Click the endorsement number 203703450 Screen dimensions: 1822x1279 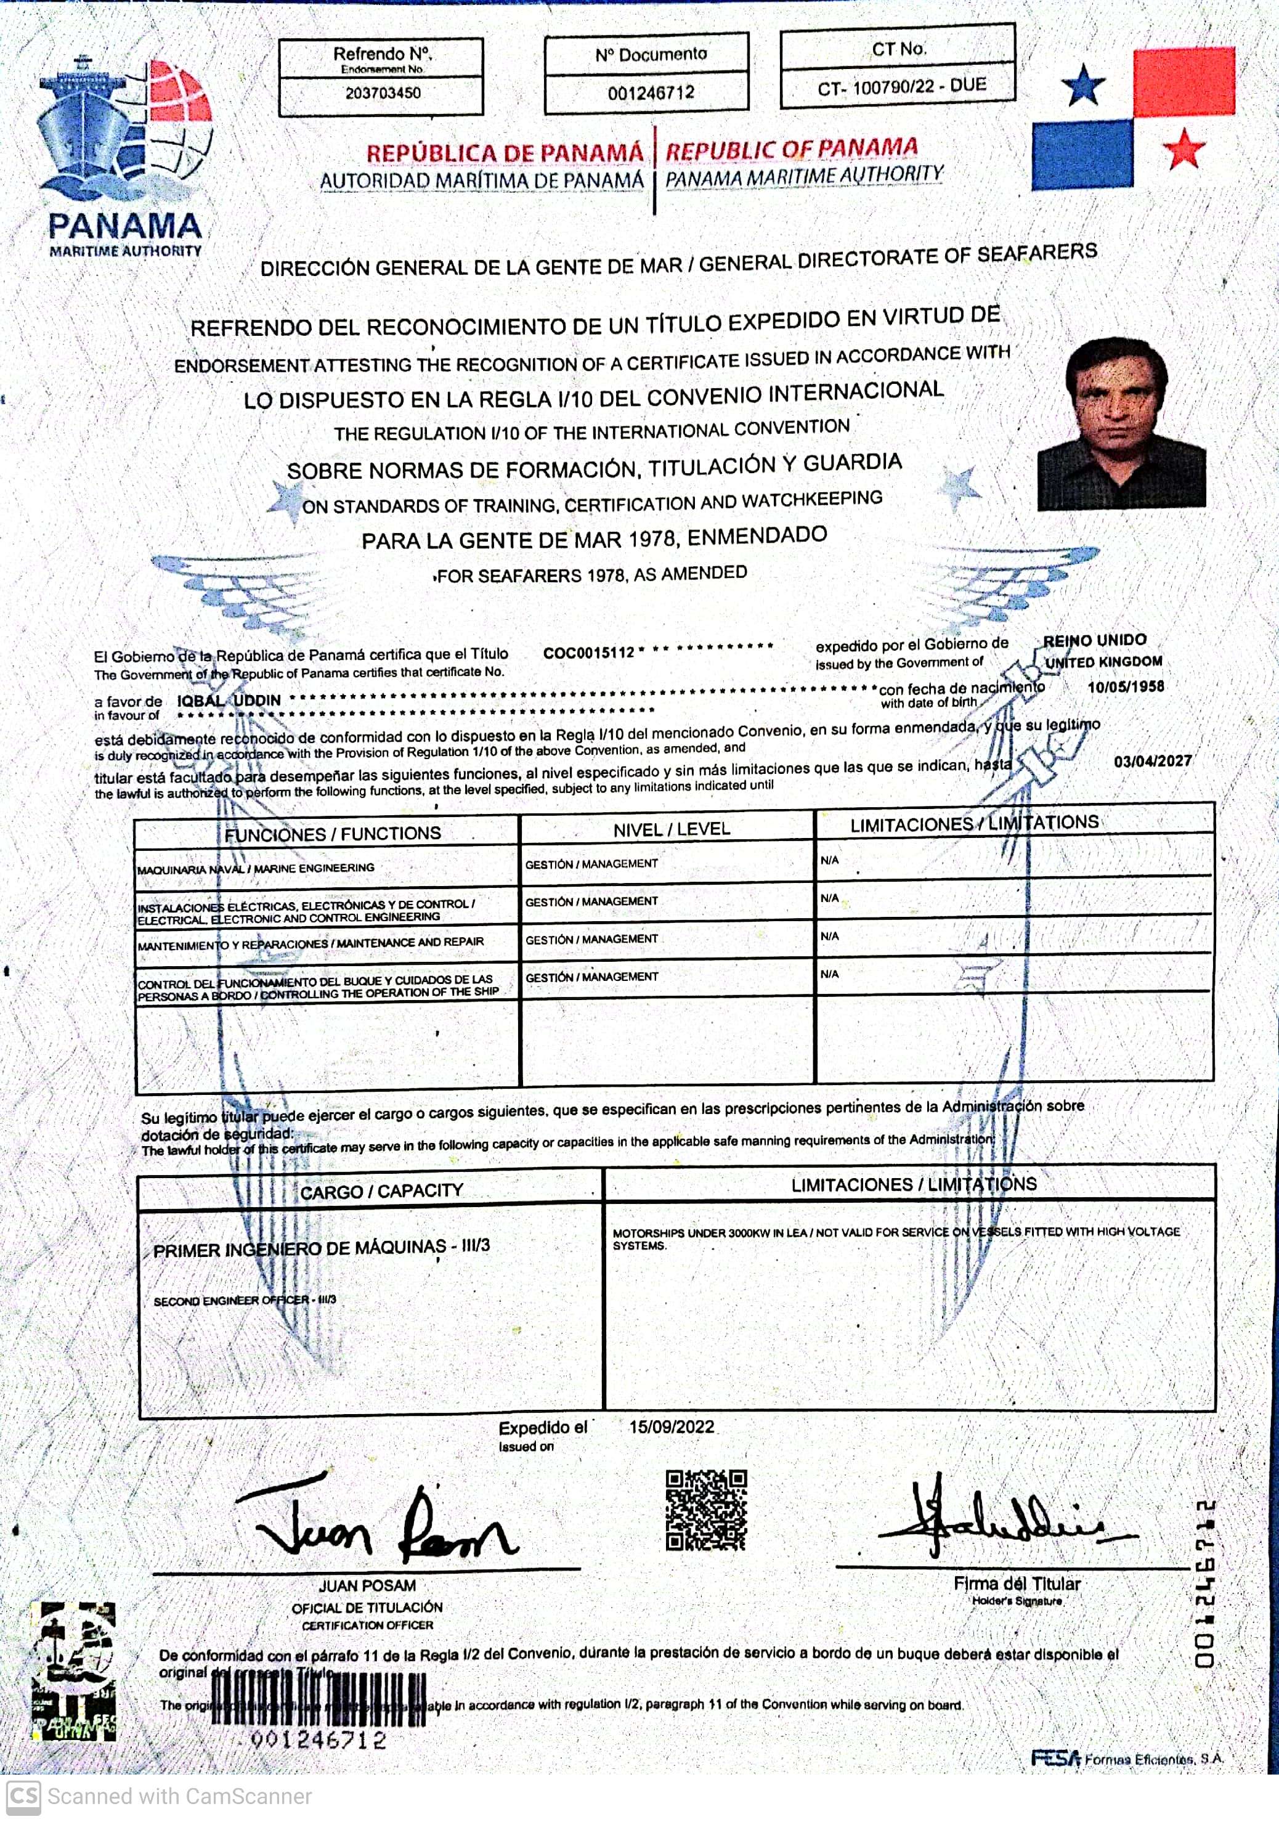(383, 94)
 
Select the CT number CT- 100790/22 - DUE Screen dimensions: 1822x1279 (901, 86)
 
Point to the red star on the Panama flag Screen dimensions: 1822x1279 (1183, 148)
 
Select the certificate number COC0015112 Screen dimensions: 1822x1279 (589, 653)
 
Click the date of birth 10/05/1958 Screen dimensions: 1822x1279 (1125, 687)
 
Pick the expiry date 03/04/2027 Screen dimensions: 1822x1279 (1152, 761)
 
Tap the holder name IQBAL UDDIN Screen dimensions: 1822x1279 (229, 701)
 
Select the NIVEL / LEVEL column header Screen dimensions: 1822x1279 (672, 829)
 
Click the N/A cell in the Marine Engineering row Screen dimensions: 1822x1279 (829, 860)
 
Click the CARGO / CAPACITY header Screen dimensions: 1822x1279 (381, 1191)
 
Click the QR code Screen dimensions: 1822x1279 (706, 1510)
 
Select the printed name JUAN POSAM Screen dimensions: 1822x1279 (367, 1585)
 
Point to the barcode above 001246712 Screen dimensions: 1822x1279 (317, 1701)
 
